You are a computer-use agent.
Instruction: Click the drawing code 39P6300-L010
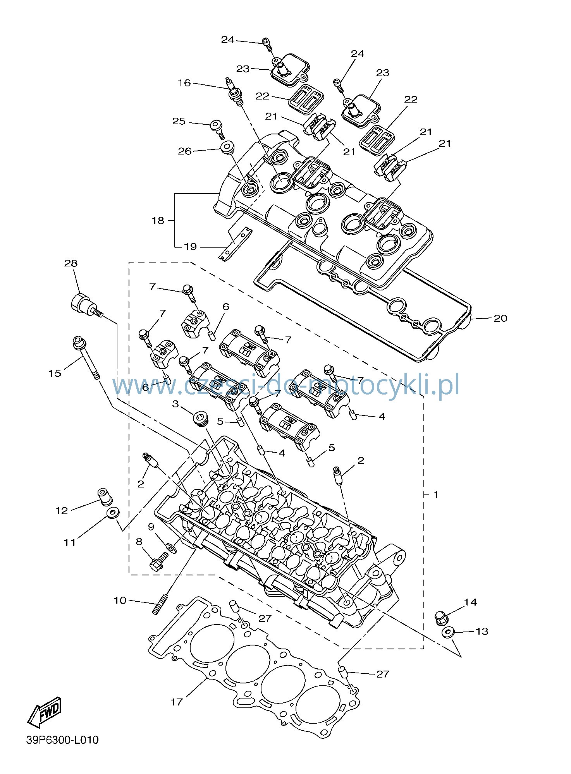63,740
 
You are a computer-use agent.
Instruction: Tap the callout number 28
71,263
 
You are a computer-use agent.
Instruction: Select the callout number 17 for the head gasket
177,702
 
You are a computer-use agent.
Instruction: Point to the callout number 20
500,318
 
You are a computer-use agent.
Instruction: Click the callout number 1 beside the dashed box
436,495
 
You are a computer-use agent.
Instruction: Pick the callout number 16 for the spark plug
184,83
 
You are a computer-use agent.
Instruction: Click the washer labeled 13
448,633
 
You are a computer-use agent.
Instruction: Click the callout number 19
190,247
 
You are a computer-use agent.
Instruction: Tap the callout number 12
62,511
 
